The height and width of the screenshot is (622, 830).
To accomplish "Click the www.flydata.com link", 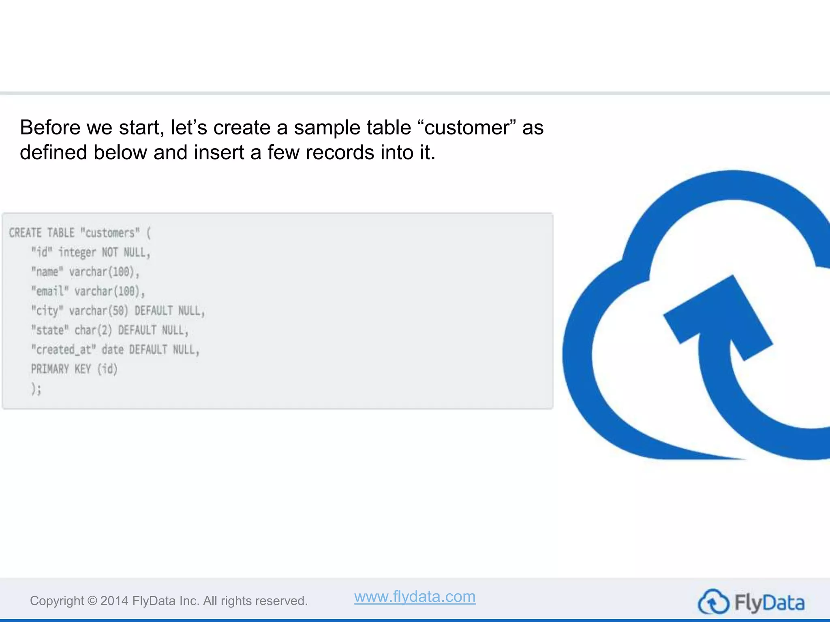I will coord(415,596).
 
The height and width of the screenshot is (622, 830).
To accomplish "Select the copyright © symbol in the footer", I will coord(92,601).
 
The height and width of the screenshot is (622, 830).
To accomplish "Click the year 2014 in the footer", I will coord(114,601).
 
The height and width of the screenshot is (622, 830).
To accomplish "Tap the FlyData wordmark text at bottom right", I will coord(769,603).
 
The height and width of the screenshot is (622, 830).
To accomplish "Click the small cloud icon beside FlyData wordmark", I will coord(713,602).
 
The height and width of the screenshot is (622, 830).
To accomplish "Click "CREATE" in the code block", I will coord(25,233).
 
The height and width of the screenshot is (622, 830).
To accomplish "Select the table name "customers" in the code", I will coord(110,233).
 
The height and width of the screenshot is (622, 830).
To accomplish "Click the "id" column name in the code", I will coord(42,252).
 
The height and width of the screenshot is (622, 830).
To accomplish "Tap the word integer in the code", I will coord(77,253).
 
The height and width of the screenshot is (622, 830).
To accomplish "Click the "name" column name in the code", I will coord(47,272).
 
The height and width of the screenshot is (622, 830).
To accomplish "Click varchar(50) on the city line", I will coord(98,311).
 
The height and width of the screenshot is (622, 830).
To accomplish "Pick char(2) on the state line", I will coord(93,330).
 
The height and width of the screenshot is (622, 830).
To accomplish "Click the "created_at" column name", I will coord(63,349).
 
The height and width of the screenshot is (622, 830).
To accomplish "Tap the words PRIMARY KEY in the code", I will coord(61,369).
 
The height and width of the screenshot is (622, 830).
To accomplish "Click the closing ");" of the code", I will coord(36,389).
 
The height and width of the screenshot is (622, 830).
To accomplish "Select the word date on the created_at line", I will coord(112,349).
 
